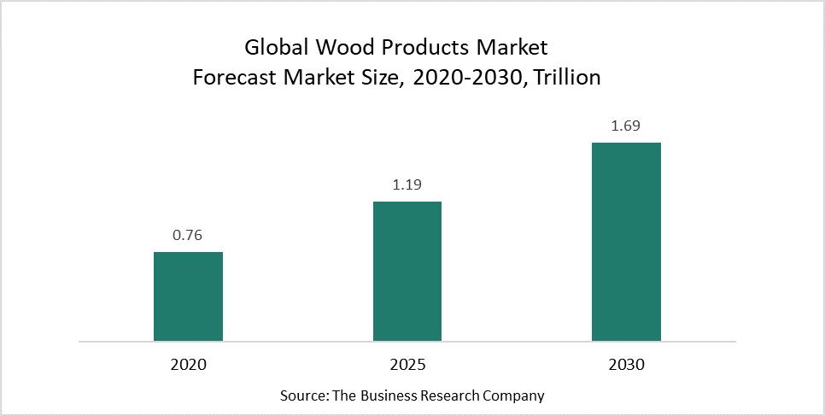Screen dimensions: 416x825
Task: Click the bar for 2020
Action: coord(188,296)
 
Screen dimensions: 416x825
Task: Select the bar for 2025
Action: coord(407,271)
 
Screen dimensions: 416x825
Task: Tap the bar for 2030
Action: coord(626,242)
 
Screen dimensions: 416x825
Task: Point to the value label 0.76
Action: coord(188,236)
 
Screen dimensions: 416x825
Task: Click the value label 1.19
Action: coord(407,185)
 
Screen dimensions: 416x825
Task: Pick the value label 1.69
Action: coord(626,126)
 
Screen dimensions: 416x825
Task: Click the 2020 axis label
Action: coord(188,364)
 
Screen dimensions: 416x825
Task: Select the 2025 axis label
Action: coord(407,364)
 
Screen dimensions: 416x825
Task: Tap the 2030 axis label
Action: coord(626,364)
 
